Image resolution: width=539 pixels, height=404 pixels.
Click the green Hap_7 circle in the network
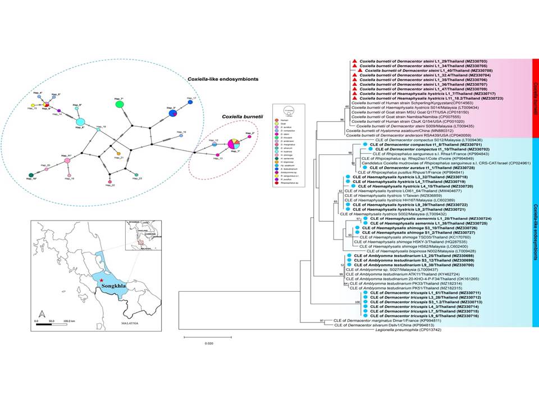point(119,104)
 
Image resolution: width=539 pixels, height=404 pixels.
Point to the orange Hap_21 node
point(118,153)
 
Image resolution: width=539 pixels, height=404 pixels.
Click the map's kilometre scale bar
point(56,325)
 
